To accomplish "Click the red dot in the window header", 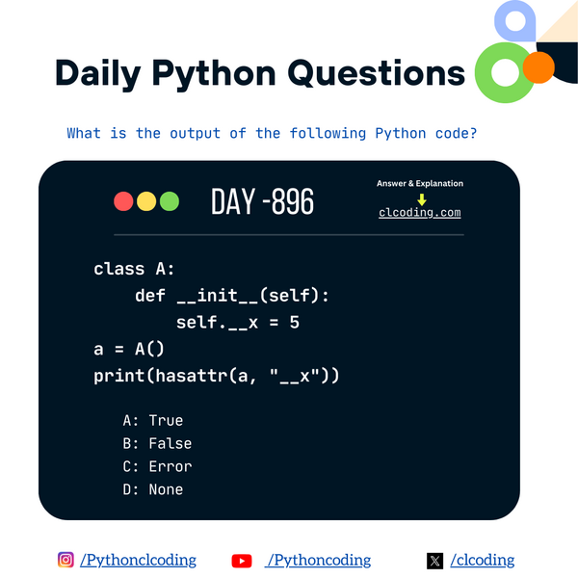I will click(x=123, y=201).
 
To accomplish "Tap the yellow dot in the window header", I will click(x=146, y=201).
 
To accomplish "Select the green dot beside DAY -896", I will click(x=170, y=201).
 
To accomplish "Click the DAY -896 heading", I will click(x=262, y=202).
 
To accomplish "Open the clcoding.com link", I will click(x=420, y=213).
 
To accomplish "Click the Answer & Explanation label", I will click(x=420, y=183).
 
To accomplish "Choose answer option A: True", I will click(x=153, y=420).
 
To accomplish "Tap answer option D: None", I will click(x=153, y=489).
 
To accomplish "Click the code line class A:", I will click(x=135, y=269).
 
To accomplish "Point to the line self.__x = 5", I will click(x=237, y=322).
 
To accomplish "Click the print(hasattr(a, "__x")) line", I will click(x=217, y=375).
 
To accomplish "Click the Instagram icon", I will click(x=66, y=560).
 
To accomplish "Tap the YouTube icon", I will click(x=242, y=561).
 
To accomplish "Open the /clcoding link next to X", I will click(x=483, y=560).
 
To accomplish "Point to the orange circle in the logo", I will click(x=539, y=66).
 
